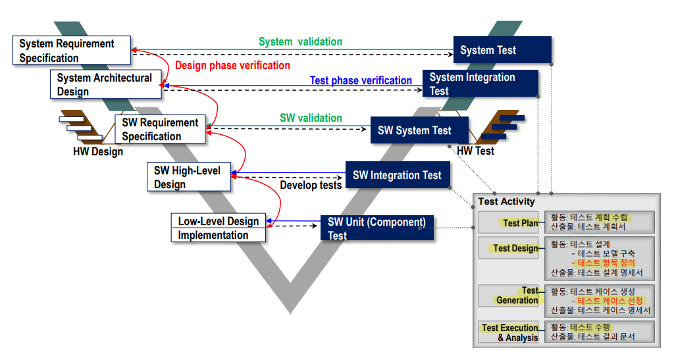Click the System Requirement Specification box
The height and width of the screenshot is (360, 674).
(x=72, y=51)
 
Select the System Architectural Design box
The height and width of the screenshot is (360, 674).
(x=105, y=84)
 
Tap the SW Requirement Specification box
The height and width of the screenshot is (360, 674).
(x=160, y=129)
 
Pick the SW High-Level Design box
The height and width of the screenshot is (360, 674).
(x=188, y=177)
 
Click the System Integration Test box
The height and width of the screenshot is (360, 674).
(x=480, y=84)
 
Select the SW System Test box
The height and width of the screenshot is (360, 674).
(x=419, y=130)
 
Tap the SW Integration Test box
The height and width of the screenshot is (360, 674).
(x=398, y=175)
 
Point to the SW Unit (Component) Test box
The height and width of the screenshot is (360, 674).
(x=377, y=228)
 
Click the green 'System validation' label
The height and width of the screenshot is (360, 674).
(x=300, y=41)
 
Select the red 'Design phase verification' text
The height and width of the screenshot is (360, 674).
(x=232, y=65)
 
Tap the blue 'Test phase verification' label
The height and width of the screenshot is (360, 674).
(x=361, y=80)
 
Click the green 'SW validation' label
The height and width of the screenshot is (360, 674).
(x=311, y=118)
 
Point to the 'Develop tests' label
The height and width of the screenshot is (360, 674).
(x=311, y=185)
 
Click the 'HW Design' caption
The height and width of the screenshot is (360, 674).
(x=97, y=151)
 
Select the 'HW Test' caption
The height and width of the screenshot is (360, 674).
(x=475, y=151)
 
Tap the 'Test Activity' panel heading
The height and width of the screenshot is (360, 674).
(x=506, y=201)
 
